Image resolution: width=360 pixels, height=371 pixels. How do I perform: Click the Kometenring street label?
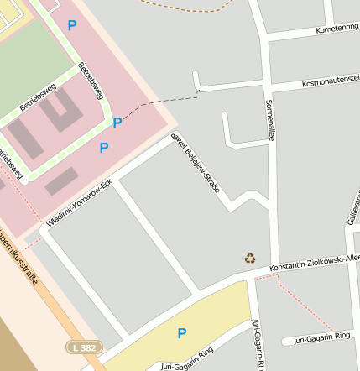(x=337, y=29)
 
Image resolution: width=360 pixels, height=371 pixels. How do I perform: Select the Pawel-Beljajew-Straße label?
(x=196, y=163)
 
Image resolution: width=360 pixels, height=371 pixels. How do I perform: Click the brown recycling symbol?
(x=250, y=258)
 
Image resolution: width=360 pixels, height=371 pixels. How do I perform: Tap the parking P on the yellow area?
(x=181, y=333)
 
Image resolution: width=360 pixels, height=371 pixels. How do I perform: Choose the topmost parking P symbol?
(x=71, y=25)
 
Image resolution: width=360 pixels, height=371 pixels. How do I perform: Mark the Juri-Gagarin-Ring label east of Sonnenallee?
(x=321, y=337)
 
